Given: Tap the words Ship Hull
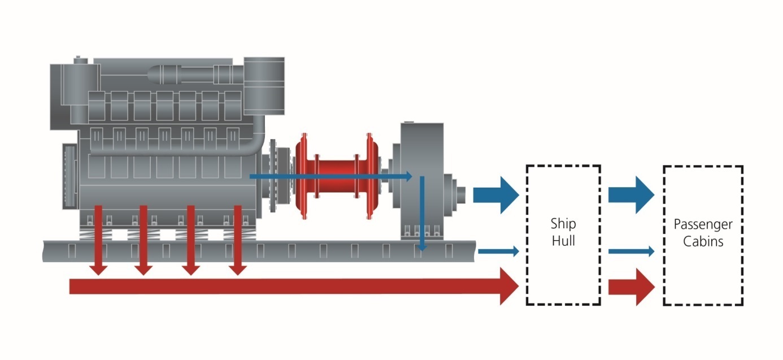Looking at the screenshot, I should [x=563, y=232].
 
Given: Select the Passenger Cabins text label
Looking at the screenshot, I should [x=703, y=232].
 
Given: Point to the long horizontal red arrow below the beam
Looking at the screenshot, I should [x=282, y=287].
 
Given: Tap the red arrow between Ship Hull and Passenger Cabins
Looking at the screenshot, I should [x=632, y=287].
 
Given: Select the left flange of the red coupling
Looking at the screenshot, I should [x=306, y=175].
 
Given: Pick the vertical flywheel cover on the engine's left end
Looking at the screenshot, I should [x=70, y=175].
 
